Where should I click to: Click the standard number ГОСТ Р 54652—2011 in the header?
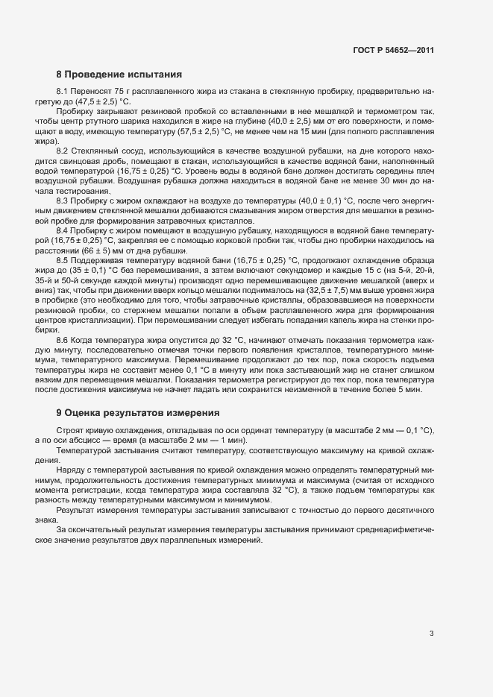tap(393, 51)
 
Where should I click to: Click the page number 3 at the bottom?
tap(431, 634)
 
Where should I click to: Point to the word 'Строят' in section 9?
tap(69, 432)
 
